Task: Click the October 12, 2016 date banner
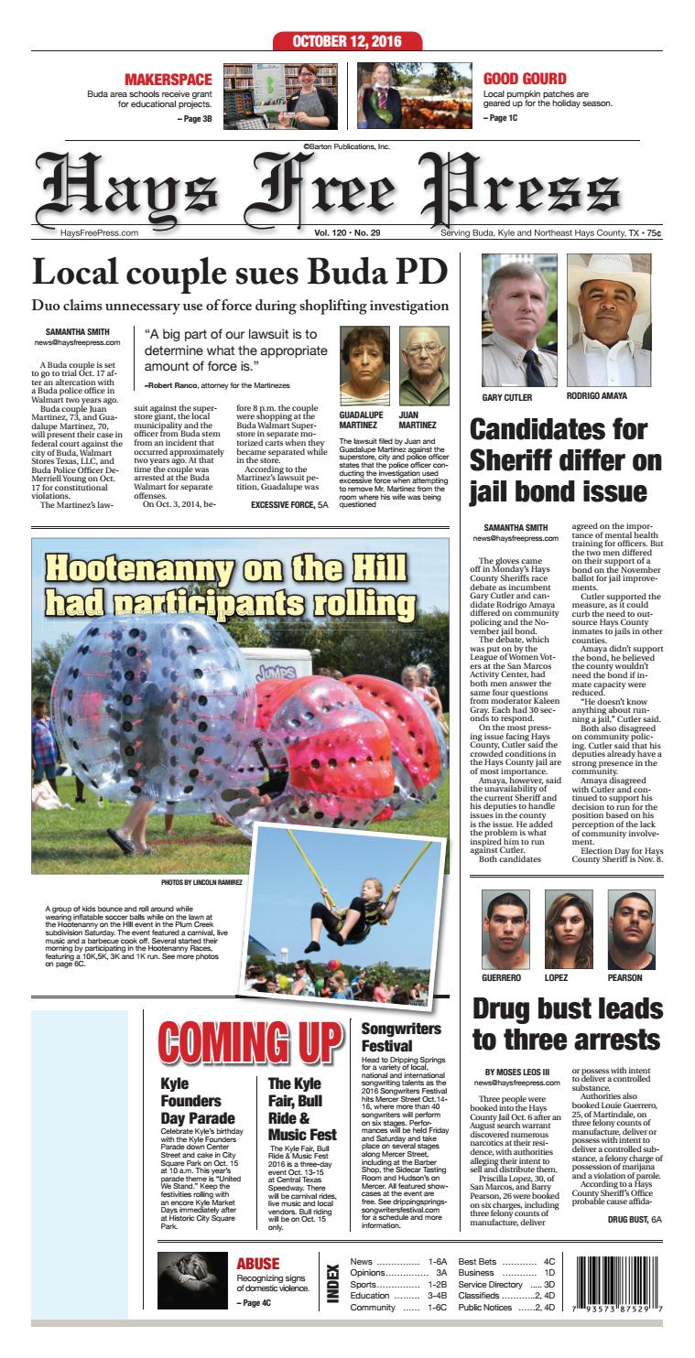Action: (347, 41)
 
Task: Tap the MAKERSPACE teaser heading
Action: (168, 80)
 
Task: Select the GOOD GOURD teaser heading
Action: (524, 80)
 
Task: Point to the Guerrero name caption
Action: (505, 977)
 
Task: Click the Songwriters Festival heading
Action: (401, 1036)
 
